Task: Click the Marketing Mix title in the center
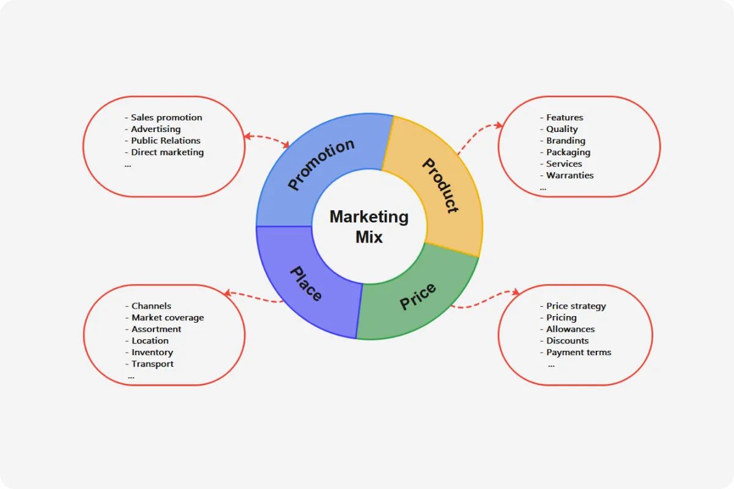(369, 226)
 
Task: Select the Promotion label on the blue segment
(321, 164)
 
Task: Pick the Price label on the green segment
(418, 296)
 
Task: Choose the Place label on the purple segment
(305, 284)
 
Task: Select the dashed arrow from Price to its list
(485, 300)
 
